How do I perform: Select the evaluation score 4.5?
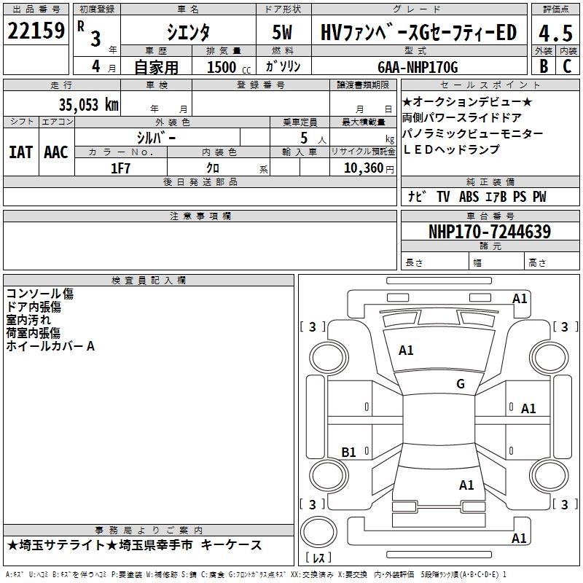[x=555, y=34]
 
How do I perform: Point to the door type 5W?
[x=283, y=34]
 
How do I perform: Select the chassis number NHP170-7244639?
[x=490, y=232]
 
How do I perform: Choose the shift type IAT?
[x=20, y=152]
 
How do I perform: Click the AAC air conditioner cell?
[x=56, y=152]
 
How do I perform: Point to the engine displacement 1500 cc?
[x=227, y=68]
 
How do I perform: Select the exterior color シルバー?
[x=156, y=137]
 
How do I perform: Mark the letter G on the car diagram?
[x=460, y=384]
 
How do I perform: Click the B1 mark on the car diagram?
[x=349, y=453]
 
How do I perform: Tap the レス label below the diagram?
[x=318, y=558]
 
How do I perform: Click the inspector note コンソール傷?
[x=40, y=294]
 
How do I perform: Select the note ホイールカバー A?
[x=50, y=346]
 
